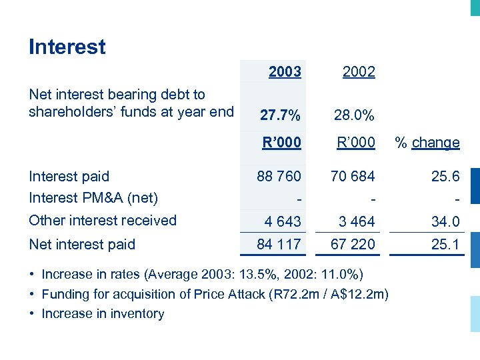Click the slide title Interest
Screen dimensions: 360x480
[x=67, y=47]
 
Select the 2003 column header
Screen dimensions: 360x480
[x=285, y=71]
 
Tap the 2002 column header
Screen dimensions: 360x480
[x=359, y=72]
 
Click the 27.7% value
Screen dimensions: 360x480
[x=280, y=115]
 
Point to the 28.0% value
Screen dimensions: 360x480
[x=354, y=115]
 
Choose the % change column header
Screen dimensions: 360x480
[x=427, y=143]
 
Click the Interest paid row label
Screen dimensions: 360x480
[x=69, y=177]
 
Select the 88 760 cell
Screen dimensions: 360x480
[x=279, y=177]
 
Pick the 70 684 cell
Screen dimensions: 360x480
[x=353, y=177]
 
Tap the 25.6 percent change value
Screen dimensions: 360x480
[x=445, y=177]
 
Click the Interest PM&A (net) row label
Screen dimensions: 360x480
[x=93, y=198]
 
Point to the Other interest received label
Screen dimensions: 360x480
[x=103, y=221]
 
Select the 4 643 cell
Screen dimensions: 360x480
[x=283, y=221]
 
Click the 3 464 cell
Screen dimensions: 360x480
[x=357, y=221]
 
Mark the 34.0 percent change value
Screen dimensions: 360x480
[x=445, y=221]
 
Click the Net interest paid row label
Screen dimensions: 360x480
[x=82, y=245]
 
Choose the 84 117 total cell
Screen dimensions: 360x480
[x=279, y=245]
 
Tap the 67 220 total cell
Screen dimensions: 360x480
[x=353, y=245]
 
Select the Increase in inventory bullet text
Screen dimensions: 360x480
[x=103, y=314]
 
